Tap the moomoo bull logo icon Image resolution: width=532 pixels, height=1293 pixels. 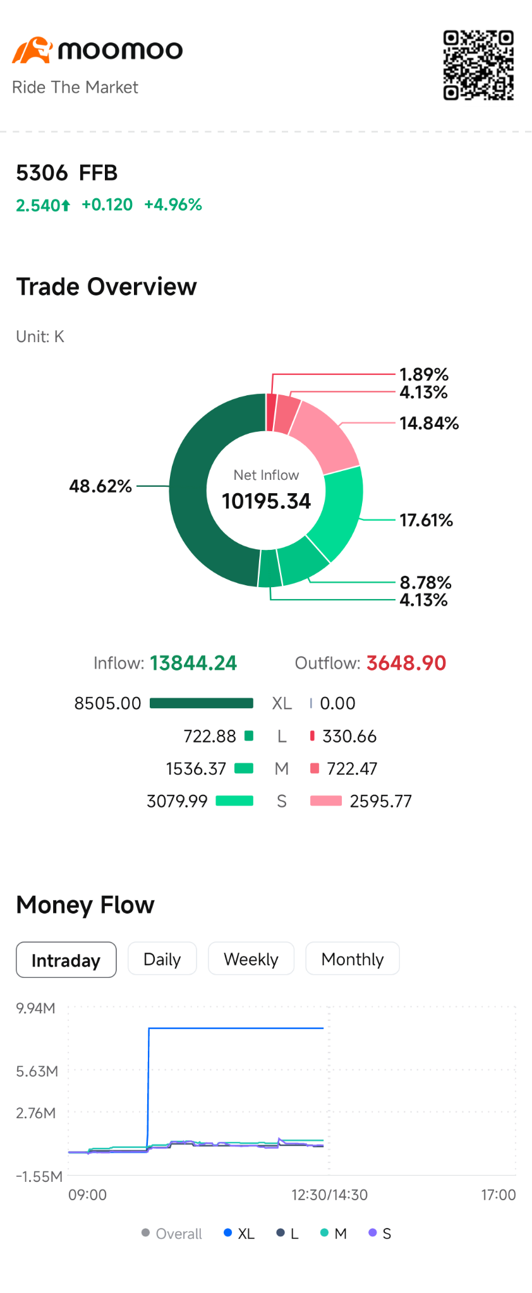click(32, 51)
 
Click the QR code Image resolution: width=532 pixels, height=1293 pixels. click(478, 65)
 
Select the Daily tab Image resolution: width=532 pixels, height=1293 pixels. click(162, 959)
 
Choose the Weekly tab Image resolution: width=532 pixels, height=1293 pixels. click(251, 959)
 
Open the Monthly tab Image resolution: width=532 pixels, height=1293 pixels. click(353, 959)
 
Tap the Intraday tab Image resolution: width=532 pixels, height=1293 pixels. click(66, 960)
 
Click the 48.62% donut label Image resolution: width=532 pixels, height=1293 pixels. click(100, 486)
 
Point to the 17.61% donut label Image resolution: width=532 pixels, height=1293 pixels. click(426, 520)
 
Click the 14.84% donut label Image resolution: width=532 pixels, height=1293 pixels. click(429, 423)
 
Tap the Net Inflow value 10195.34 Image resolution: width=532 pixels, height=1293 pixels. click(266, 501)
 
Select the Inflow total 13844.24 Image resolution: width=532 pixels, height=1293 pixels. click(193, 663)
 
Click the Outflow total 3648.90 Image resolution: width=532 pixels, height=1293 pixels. click(406, 663)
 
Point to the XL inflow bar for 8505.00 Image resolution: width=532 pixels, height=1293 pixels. click(202, 703)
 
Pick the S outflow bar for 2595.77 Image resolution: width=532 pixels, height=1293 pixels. click(326, 801)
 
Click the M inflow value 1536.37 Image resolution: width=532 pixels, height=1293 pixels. click(196, 768)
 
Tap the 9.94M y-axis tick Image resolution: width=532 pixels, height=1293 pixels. click(36, 1008)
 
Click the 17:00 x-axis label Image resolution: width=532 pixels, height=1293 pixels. click(499, 1195)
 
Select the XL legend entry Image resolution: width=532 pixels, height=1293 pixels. click(239, 1233)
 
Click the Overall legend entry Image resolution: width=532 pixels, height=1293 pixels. click(172, 1233)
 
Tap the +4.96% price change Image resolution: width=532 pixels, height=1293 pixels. click(173, 205)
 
